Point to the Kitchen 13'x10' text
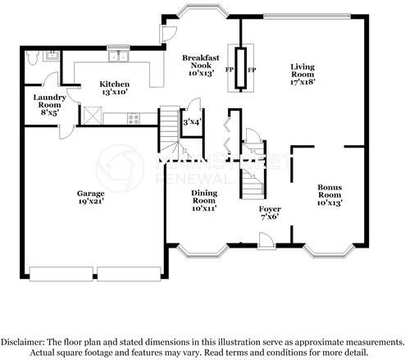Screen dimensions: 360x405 point(114,89)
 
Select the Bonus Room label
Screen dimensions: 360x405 point(330,194)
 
